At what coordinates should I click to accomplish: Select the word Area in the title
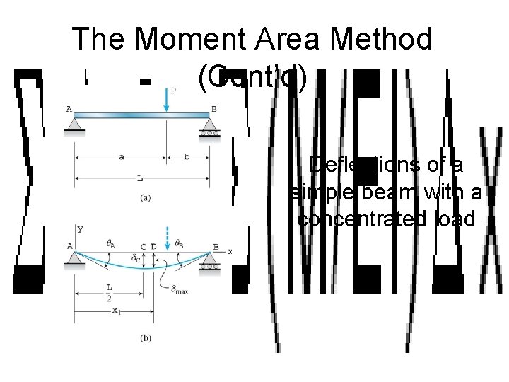(285, 39)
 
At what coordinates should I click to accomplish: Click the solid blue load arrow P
(165, 99)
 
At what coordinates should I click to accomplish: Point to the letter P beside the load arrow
(173, 90)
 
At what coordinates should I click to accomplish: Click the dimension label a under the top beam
(121, 156)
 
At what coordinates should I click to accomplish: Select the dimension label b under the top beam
(187, 156)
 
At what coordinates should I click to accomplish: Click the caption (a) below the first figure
(144, 198)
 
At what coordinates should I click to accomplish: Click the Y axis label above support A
(79, 229)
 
